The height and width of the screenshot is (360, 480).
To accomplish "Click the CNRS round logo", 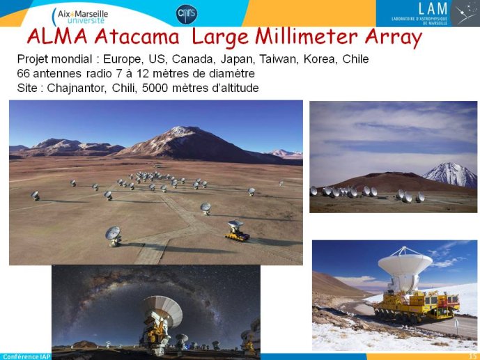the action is (187, 14).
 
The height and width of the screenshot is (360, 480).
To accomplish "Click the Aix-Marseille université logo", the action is (80, 17).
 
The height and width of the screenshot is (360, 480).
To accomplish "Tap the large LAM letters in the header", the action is (433, 8).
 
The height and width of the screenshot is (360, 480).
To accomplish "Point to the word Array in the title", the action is (394, 38).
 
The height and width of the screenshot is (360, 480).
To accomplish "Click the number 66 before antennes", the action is (23, 73).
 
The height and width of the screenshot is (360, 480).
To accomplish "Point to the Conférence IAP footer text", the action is (26, 357).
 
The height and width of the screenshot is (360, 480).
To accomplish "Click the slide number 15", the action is (473, 357).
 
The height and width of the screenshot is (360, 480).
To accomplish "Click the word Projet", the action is (33, 59).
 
